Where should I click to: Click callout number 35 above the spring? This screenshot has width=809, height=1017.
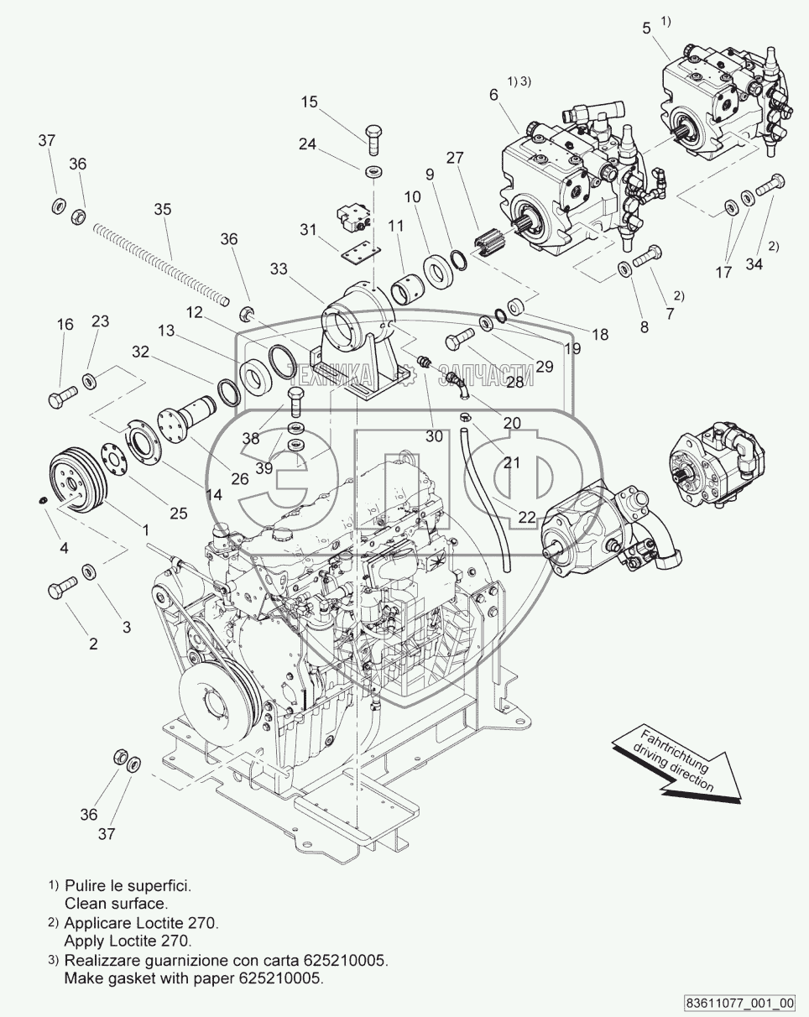click(163, 209)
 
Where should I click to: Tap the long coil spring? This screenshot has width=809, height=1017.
click(162, 264)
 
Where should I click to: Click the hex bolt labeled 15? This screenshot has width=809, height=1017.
click(373, 140)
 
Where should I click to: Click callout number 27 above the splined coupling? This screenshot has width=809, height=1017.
click(455, 158)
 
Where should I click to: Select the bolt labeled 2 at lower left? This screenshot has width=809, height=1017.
click(62, 587)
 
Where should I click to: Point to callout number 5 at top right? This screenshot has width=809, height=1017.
click(647, 29)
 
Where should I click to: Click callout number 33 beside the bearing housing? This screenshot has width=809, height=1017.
click(279, 269)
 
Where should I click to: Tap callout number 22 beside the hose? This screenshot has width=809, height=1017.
click(526, 518)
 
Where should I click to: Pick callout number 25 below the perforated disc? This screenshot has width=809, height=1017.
click(179, 514)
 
